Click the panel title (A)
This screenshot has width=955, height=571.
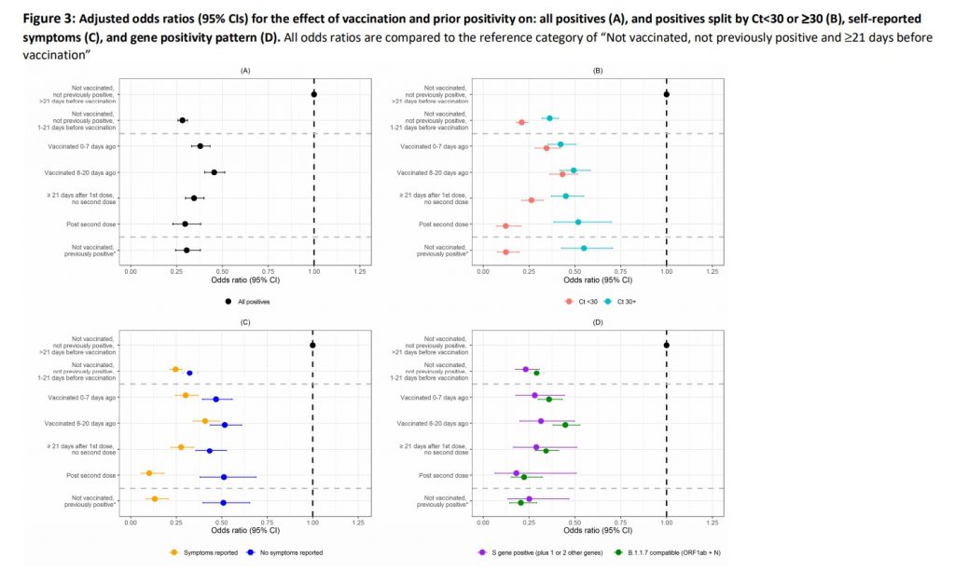(245, 71)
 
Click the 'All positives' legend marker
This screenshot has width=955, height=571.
(228, 301)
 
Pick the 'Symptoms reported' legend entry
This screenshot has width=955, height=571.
(201, 552)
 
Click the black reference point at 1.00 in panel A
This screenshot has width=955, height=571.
(314, 94)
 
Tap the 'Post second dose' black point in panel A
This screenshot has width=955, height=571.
(186, 224)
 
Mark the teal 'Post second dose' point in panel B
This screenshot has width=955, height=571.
(578, 222)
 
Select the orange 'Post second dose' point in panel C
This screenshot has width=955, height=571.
(149, 473)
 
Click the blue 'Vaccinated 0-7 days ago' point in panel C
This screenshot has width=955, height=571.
(216, 399)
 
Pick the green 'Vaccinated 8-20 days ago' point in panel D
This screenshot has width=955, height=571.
(565, 425)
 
